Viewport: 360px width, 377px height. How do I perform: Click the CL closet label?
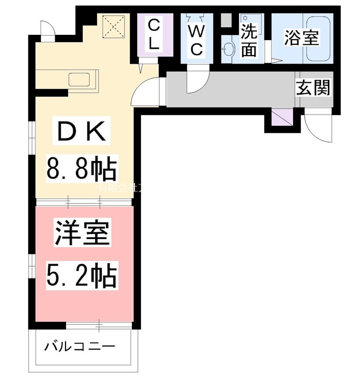(153, 34)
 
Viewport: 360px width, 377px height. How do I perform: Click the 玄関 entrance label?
(313, 88)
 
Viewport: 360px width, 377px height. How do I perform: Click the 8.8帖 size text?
(81, 169)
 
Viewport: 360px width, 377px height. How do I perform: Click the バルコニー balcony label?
(80, 348)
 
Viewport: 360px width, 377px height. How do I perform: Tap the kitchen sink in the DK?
(82, 80)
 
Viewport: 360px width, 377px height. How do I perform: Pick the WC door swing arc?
(196, 82)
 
